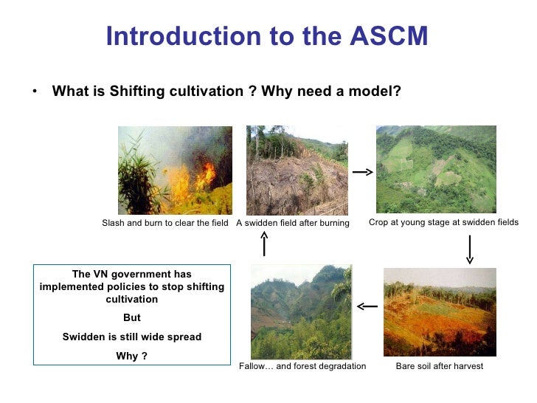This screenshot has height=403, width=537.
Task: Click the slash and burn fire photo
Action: [175, 170]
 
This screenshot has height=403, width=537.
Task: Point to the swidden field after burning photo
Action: [297, 170]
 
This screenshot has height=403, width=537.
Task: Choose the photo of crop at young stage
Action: [436, 169]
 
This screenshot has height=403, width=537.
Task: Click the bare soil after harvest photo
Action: [440, 312]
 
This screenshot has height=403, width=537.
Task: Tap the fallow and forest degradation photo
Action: [301, 312]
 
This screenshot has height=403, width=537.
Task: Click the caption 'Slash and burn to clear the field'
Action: [164, 223]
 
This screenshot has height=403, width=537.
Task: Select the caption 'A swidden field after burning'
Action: [292, 223]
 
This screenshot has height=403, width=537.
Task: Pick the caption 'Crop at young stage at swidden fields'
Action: [443, 222]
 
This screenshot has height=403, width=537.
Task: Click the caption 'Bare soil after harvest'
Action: [440, 366]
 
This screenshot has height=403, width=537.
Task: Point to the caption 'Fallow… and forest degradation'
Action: [302, 366]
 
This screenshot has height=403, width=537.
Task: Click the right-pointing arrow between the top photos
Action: [362, 172]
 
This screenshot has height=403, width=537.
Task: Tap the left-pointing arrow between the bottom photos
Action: [367, 306]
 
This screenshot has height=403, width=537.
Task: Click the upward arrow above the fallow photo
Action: [264, 243]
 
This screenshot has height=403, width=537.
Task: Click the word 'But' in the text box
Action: [131, 318]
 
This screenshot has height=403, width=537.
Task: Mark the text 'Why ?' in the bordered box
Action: [131, 356]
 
